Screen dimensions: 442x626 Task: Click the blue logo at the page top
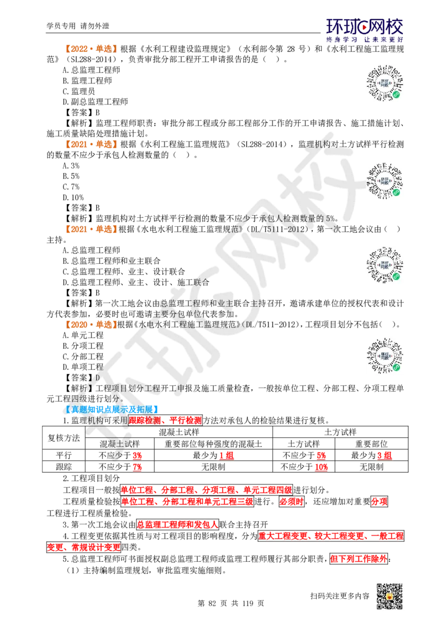365,31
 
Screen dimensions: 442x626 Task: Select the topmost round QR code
384,84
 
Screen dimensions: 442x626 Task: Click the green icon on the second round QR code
396,192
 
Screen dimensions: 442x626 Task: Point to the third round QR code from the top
384,265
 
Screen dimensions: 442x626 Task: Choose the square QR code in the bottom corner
388,597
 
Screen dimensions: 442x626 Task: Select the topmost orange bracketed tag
92,49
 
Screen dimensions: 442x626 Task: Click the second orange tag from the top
92,145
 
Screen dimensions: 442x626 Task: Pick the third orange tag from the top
92,228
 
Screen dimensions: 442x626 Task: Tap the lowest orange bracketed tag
92,325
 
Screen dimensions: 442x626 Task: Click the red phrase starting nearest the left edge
83,547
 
